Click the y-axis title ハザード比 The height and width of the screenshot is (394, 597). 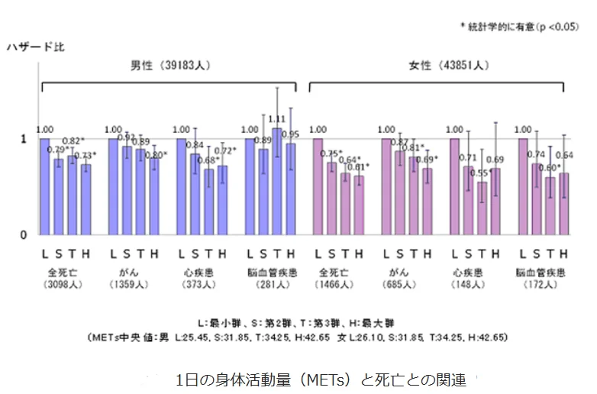pyautogui.click(x=35, y=47)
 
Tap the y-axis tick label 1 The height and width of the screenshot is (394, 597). pyautogui.click(x=24, y=138)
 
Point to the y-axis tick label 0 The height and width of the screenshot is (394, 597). pyautogui.click(x=24, y=234)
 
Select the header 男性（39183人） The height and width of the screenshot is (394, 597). pyautogui.click(x=170, y=66)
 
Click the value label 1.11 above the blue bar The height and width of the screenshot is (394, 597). pyautogui.click(x=276, y=119)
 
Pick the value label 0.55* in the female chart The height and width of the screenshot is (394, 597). pyautogui.click(x=481, y=173)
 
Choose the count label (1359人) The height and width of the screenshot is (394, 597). pyautogui.click(x=133, y=285)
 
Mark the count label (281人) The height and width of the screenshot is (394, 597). pyautogui.click(x=269, y=285)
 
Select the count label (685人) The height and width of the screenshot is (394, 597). pyautogui.click(x=405, y=285)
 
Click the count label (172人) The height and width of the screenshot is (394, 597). pyautogui.click(x=542, y=285)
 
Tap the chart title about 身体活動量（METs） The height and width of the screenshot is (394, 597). pyautogui.click(x=320, y=379)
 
